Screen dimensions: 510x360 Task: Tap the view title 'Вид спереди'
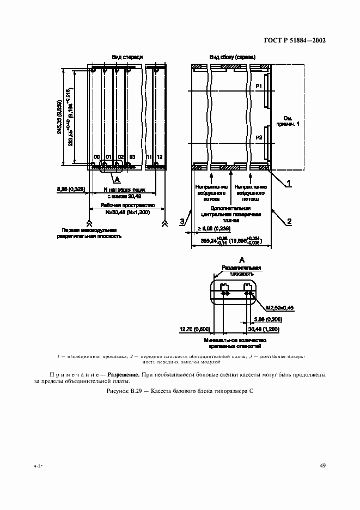click(x=127, y=57)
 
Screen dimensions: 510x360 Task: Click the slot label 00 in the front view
click(x=96, y=157)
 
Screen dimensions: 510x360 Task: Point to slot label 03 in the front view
click(x=132, y=157)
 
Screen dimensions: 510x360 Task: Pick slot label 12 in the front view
click(x=160, y=157)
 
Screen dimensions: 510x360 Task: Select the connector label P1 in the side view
click(x=259, y=87)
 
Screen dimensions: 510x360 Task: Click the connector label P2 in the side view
click(x=259, y=137)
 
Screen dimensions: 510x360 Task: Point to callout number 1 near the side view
click(x=289, y=184)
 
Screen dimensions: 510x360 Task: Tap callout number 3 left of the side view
click(x=182, y=221)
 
